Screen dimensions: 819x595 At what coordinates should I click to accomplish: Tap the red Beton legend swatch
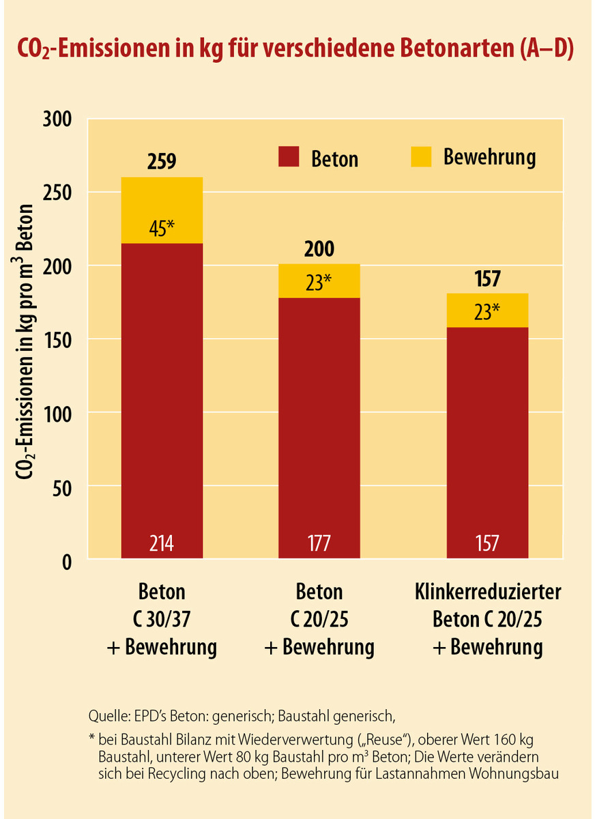[289, 157]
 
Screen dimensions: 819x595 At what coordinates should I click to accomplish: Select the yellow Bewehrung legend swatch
[421, 157]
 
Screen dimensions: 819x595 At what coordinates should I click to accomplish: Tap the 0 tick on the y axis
[67, 560]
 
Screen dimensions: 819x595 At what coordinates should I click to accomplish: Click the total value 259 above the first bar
[162, 162]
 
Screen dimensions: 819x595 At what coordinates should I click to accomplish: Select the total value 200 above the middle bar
[319, 249]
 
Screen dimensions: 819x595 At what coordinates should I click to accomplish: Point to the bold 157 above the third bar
[487, 279]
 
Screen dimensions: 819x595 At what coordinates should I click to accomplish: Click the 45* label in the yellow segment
[162, 227]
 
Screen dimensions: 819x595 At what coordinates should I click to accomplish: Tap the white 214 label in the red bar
[162, 543]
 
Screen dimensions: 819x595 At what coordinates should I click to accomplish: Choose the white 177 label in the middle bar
[319, 543]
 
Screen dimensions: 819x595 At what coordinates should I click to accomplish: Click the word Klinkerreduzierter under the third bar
[487, 592]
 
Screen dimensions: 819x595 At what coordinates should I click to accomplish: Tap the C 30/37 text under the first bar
[162, 619]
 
